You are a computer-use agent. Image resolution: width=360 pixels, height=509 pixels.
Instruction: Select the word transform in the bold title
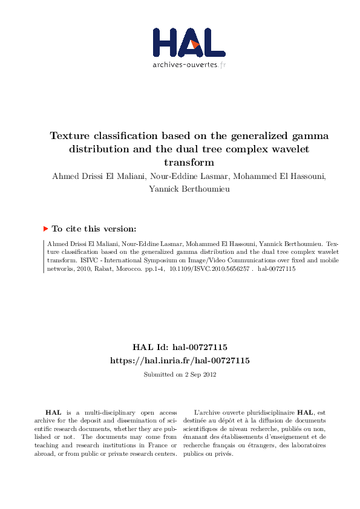[189, 163]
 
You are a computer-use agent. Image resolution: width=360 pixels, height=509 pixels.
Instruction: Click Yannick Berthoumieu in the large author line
[180, 189]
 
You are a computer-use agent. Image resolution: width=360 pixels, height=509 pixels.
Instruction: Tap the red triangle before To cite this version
[45, 229]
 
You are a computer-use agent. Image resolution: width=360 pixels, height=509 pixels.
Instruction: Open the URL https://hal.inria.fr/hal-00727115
[180, 360]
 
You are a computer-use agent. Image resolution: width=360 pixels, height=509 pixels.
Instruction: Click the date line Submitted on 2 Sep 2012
[180, 375]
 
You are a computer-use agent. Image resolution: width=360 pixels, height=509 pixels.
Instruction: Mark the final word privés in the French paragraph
[223, 454]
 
